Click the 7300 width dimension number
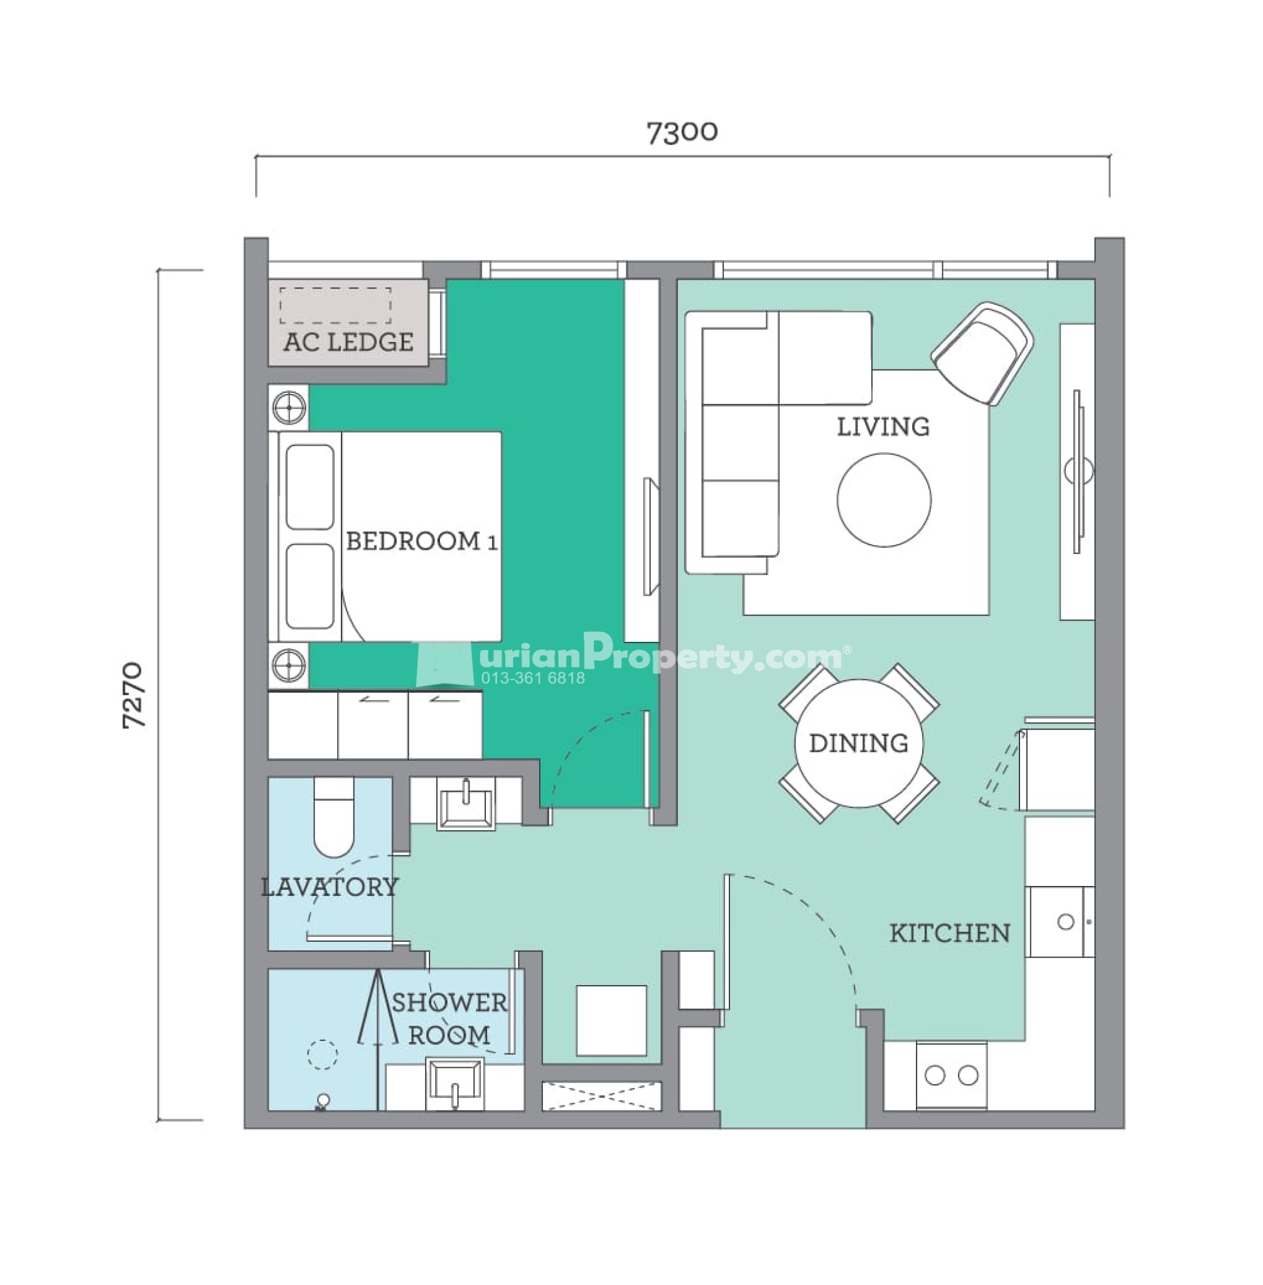click(682, 132)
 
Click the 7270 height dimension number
click(133, 695)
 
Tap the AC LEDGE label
click(348, 342)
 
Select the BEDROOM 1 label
click(421, 541)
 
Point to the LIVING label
click(883, 426)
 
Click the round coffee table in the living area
click(884, 500)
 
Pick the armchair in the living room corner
click(982, 353)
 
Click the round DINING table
click(859, 744)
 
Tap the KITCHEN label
click(950, 934)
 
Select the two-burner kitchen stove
click(951, 1075)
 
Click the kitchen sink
click(1060, 922)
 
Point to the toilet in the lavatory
click(333, 817)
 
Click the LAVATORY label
click(330, 887)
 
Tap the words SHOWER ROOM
click(449, 1018)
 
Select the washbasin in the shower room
click(454, 1084)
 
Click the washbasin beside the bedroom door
click(466, 803)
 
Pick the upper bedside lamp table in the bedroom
click(289, 407)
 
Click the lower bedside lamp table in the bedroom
click(289, 665)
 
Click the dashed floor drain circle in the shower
click(323, 1054)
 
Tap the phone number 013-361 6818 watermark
click(534, 678)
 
